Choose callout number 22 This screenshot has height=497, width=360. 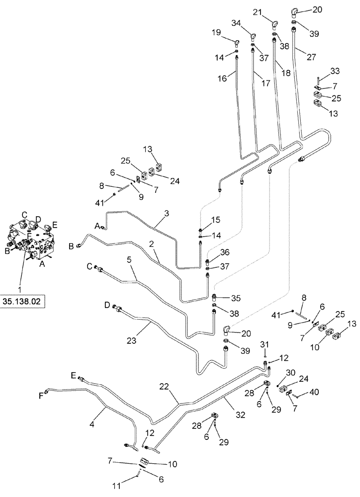click(x=164, y=386)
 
